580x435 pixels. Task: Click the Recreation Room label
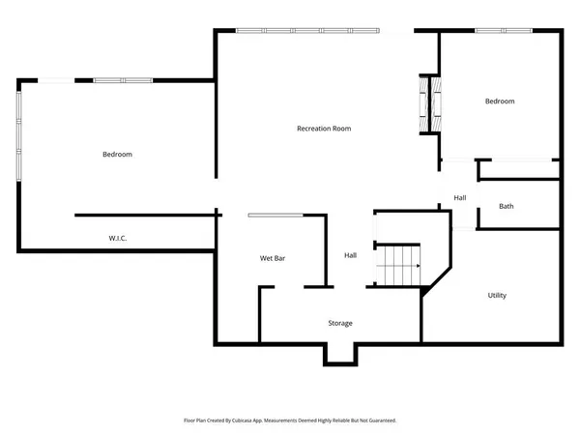[323, 129]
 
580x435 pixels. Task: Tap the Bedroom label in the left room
[117, 155]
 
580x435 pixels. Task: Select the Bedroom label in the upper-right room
[500, 101]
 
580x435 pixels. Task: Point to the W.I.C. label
[119, 238]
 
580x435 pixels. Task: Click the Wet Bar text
[272, 258]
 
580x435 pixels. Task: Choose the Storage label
[339, 323]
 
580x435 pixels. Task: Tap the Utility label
[497, 295]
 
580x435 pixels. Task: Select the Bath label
[506, 206]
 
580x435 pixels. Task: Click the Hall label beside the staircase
[351, 255]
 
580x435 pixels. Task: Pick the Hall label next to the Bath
[460, 198]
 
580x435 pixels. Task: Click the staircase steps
[398, 265]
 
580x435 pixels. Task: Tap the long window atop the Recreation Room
[307, 31]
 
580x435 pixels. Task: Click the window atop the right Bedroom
[503, 31]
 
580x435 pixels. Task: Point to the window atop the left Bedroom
[122, 79]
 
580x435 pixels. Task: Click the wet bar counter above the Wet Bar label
[275, 215]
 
